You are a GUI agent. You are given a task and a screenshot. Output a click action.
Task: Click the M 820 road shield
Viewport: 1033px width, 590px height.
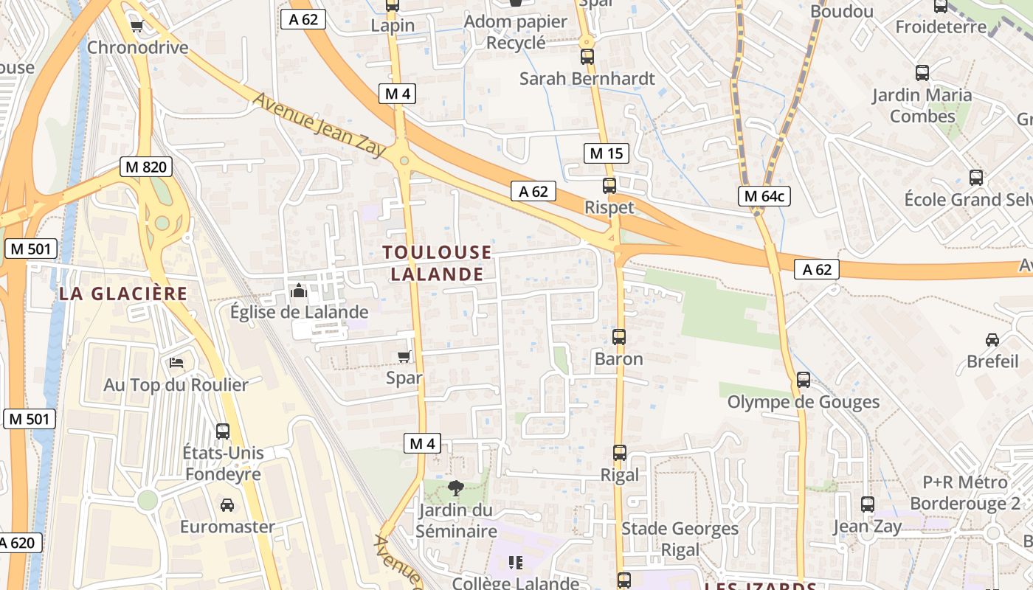[146, 167]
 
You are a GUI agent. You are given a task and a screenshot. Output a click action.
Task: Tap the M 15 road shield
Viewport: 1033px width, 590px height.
[606, 153]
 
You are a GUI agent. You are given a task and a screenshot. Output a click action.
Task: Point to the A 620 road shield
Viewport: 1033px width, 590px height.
[16, 543]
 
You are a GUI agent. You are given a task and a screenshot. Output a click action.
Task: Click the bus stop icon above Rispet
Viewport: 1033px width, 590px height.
[609, 186]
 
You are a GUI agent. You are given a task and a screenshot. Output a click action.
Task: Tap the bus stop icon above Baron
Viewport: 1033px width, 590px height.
[619, 337]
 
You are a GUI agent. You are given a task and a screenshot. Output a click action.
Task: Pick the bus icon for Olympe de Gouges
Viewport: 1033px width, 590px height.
[804, 380]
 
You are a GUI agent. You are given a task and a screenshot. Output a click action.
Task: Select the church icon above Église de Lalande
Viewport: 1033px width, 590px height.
[299, 291]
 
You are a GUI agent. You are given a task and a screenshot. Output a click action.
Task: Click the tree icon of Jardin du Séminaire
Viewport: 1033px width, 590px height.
[455, 487]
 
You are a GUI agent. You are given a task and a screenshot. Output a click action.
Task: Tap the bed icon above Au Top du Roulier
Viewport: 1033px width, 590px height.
[176, 362]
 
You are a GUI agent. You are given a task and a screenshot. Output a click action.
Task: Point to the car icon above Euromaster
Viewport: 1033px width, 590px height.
[227, 505]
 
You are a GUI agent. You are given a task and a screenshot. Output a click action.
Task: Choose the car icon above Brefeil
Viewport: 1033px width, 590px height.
[992, 340]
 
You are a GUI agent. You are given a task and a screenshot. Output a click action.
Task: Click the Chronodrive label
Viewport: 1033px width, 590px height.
[138, 48]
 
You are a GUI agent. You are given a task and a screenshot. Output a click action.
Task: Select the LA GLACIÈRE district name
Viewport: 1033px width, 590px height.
[123, 294]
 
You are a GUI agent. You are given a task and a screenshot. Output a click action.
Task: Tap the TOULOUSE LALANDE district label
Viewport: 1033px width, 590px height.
[437, 263]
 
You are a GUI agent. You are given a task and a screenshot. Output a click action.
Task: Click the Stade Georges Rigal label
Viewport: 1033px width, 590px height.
[680, 539]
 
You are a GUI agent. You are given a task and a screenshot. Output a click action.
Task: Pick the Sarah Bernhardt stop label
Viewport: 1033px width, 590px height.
[587, 78]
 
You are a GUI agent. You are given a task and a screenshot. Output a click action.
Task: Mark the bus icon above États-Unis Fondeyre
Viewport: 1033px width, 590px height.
[223, 431]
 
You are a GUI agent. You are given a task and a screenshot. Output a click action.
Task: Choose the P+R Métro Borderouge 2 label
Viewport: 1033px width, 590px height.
[965, 493]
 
